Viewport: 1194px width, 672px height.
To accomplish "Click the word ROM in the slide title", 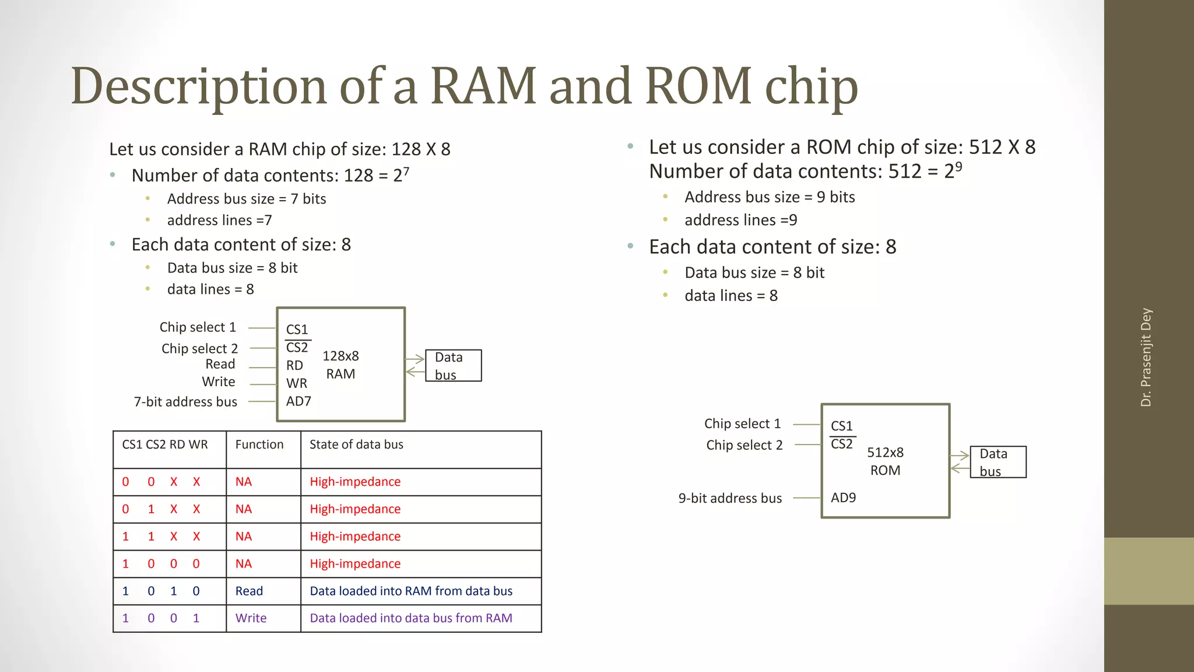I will tap(698, 86).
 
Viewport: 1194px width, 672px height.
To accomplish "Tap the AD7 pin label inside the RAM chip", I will tap(298, 401).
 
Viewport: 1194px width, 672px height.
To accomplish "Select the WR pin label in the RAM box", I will tap(296, 383).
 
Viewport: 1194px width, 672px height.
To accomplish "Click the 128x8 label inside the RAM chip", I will tap(340, 356).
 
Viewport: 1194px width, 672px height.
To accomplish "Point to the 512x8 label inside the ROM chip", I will tap(885, 452).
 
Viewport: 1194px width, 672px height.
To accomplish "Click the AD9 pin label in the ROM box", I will tap(843, 498).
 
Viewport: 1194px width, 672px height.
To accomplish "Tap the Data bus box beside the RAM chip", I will tap(454, 366).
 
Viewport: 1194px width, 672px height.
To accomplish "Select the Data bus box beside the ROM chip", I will tap(998, 462).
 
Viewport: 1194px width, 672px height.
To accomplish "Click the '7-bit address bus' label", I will tap(185, 402).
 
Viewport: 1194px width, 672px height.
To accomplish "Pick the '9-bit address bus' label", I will tap(730, 498).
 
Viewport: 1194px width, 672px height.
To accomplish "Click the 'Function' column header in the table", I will tap(259, 444).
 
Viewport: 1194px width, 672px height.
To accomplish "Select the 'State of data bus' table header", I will tap(356, 444).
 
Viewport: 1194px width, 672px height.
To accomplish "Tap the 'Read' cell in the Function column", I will tap(249, 591).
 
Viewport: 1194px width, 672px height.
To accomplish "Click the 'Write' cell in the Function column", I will tap(251, 618).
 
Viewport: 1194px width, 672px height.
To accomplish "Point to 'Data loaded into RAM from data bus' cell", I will tap(411, 591).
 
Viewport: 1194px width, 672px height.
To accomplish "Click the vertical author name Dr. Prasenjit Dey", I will tap(1146, 357).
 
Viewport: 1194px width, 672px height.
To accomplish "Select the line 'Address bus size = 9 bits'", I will tap(770, 197).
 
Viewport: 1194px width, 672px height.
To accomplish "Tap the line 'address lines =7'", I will tap(219, 220).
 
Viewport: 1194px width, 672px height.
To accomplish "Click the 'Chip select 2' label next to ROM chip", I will tap(744, 445).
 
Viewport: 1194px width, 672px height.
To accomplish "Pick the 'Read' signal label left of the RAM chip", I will tap(220, 364).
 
